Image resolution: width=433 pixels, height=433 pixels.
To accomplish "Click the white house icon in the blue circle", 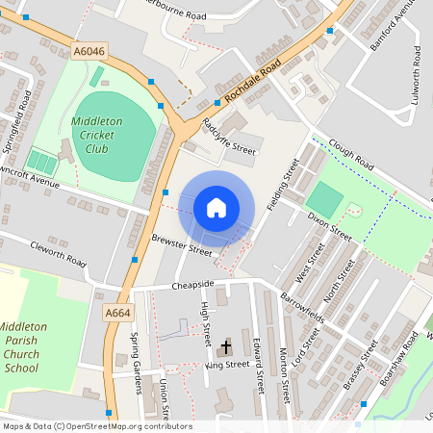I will coord(216,207).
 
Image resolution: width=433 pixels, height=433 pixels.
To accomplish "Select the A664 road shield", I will coord(117,314).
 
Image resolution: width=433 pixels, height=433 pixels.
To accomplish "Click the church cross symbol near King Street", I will coord(226,346).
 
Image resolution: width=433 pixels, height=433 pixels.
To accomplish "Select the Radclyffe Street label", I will coord(228,137).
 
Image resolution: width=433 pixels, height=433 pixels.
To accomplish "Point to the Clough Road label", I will coord(349,154).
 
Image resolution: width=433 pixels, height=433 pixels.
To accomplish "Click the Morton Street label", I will coord(284,376).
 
